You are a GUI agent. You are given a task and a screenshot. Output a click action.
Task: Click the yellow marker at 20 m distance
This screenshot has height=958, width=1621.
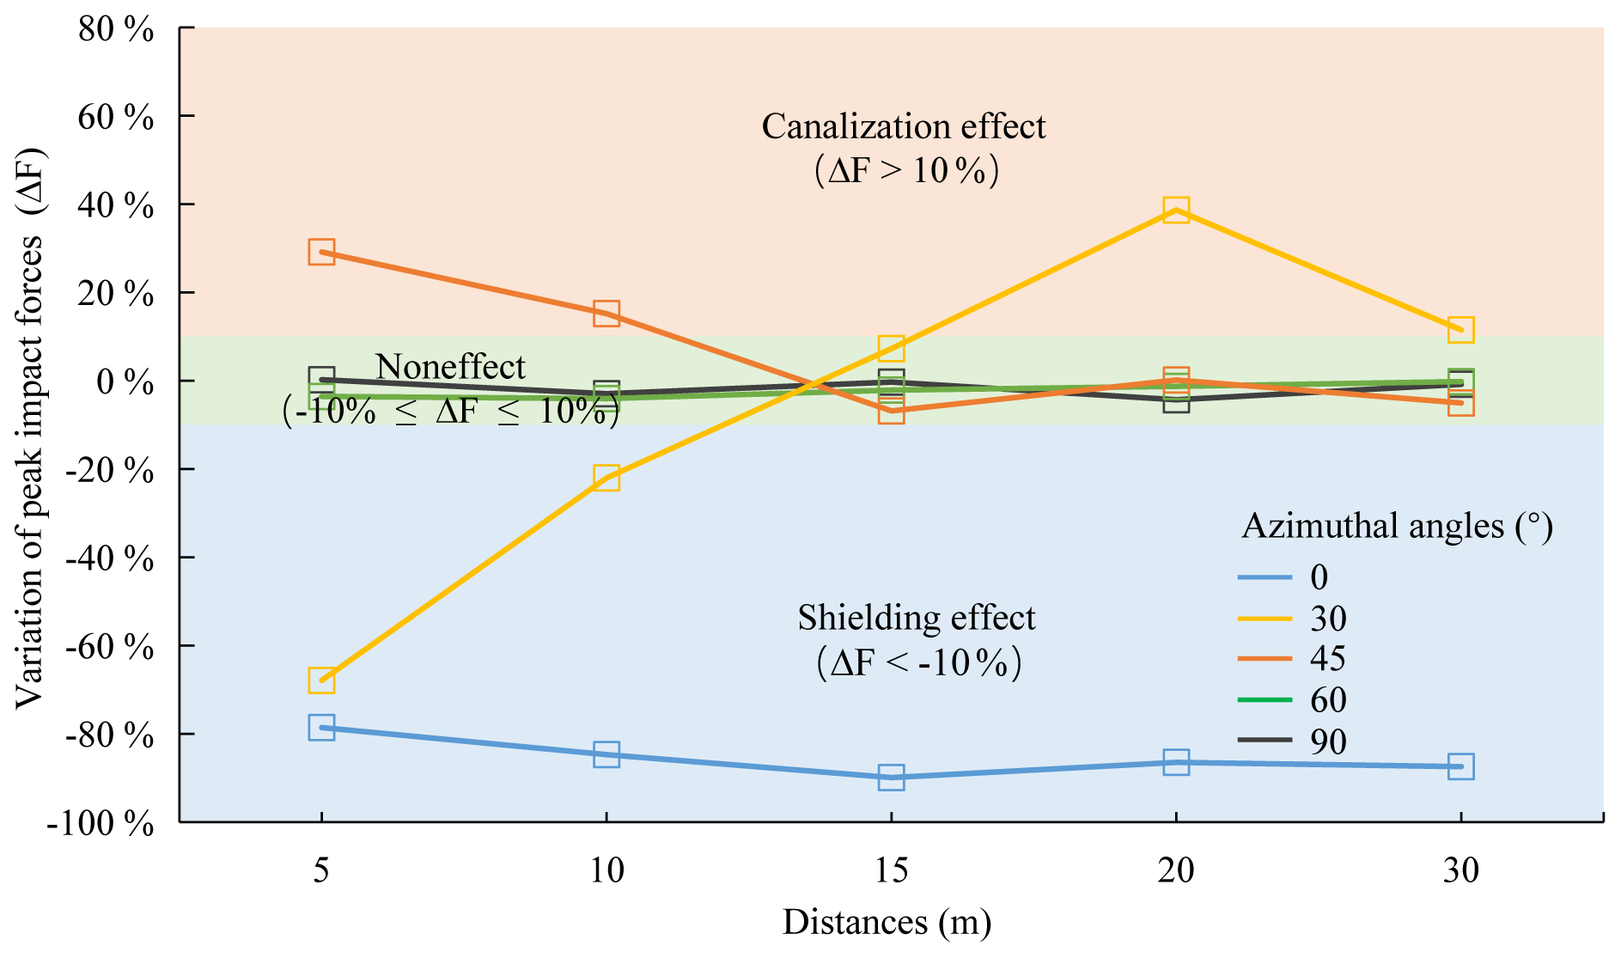(1176, 210)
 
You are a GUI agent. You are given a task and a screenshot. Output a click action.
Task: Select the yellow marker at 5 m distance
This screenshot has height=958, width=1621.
(321, 680)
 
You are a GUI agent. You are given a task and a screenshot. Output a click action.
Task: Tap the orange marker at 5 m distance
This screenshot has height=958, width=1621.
(321, 253)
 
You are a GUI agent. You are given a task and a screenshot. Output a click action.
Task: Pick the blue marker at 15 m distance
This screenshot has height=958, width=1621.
(891, 778)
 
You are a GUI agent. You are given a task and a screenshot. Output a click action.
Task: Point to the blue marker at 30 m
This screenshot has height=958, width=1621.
(1460, 766)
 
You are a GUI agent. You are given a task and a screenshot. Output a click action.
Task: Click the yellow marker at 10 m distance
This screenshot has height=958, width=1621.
(606, 478)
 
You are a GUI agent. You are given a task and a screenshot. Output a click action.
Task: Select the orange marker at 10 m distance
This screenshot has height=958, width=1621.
(606, 314)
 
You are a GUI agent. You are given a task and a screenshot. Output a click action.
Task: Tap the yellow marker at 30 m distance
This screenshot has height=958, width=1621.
(1460, 329)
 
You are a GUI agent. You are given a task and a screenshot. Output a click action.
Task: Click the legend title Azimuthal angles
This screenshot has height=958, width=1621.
(1397, 526)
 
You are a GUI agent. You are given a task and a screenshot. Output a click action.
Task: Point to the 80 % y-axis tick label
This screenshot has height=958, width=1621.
(116, 30)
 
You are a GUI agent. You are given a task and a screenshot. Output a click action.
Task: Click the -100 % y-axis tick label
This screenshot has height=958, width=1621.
(101, 824)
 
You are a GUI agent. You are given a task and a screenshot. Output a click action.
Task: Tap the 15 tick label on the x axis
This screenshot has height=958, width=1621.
(891, 871)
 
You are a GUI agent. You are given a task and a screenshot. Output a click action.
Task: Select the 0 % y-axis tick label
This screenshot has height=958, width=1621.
(125, 382)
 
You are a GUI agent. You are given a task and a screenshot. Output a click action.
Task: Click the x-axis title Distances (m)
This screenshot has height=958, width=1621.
(887, 923)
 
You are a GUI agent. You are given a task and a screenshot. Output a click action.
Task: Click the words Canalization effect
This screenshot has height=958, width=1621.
(903, 127)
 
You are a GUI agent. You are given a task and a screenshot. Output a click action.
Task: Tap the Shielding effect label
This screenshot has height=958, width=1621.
(916, 619)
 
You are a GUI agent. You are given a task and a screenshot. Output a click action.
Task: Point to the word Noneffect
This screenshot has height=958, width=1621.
(450, 368)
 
